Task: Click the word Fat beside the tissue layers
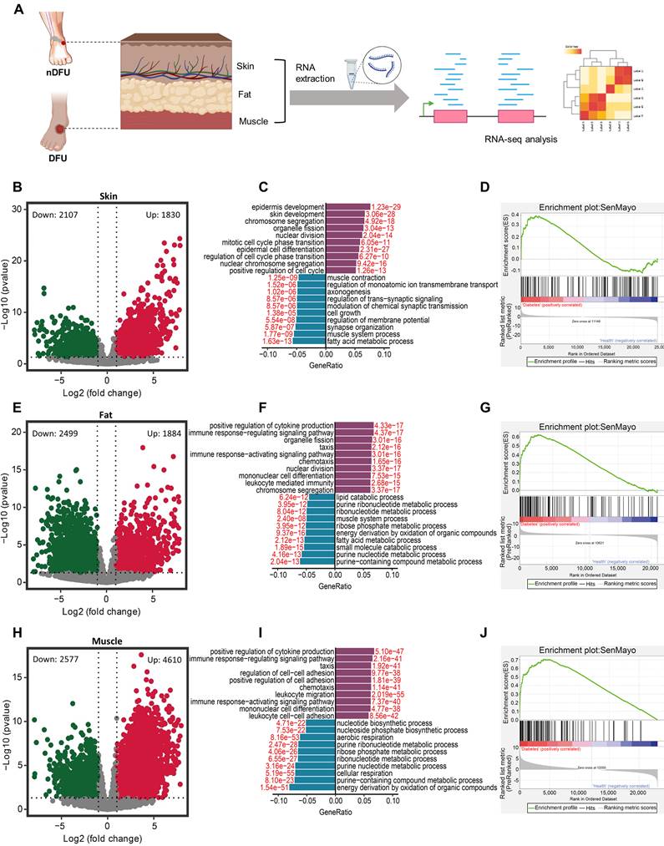(246, 94)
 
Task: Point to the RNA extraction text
(316, 73)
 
